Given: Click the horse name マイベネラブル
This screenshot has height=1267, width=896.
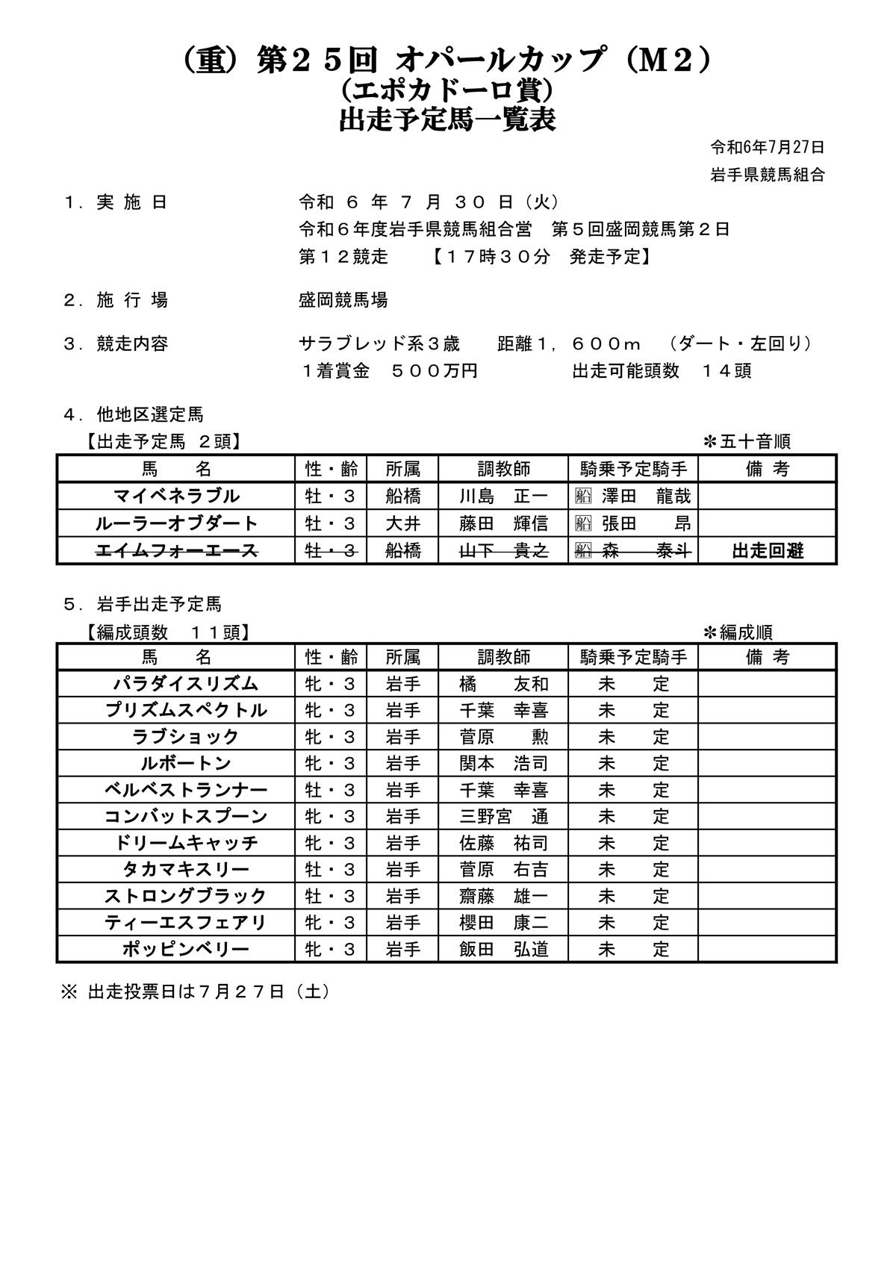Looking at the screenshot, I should click(x=176, y=496).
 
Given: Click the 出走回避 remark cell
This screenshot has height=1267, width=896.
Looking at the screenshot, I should click(x=768, y=551).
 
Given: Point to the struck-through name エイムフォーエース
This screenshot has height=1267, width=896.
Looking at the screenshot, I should click(x=176, y=551).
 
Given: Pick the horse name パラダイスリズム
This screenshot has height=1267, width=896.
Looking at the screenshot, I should click(x=186, y=684).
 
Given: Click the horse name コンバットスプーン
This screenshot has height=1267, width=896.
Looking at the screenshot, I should click(x=186, y=817).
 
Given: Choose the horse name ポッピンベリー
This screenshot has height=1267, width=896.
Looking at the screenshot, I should click(x=186, y=950).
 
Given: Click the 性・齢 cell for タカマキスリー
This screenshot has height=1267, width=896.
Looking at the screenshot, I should click(x=331, y=870).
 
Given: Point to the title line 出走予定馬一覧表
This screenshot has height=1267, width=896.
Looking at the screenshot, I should click(x=447, y=120).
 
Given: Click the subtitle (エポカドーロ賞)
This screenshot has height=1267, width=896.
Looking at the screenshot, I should click(x=447, y=90).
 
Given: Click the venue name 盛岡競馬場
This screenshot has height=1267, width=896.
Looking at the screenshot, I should click(x=343, y=300).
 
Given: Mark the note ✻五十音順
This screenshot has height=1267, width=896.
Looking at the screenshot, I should click(x=746, y=442).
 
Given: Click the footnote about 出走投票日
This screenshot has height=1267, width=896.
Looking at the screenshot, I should click(x=195, y=992).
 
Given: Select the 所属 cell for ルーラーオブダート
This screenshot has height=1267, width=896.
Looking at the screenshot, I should click(x=402, y=524).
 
